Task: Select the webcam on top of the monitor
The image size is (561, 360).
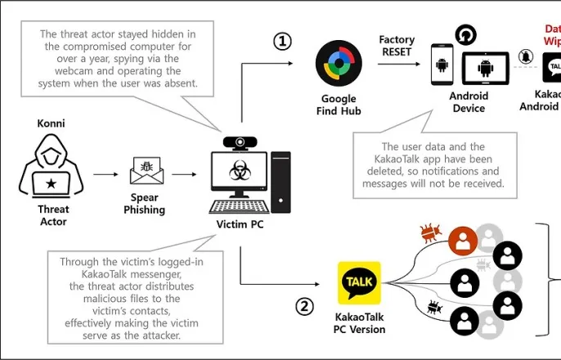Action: tap(237, 142)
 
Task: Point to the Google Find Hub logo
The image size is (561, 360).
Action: tap(339, 65)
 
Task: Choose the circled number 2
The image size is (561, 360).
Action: tap(304, 307)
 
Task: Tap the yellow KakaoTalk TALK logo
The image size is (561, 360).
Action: tap(360, 282)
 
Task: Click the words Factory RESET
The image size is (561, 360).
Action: tap(397, 45)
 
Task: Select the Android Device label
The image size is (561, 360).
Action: tap(469, 101)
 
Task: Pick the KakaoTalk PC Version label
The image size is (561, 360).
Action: tap(361, 323)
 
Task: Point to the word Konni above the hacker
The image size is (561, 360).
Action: tap(52, 123)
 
